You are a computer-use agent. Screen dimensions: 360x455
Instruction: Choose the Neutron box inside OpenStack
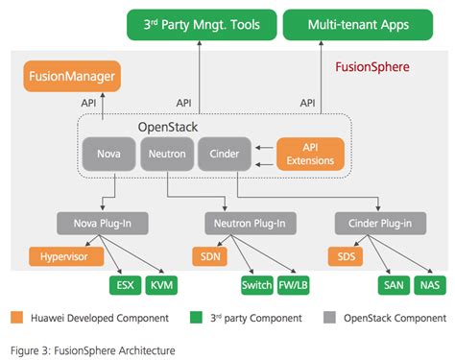click(164, 153)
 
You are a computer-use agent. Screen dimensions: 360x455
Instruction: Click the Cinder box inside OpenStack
click(222, 153)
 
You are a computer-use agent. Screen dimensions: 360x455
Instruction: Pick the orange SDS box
click(346, 256)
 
